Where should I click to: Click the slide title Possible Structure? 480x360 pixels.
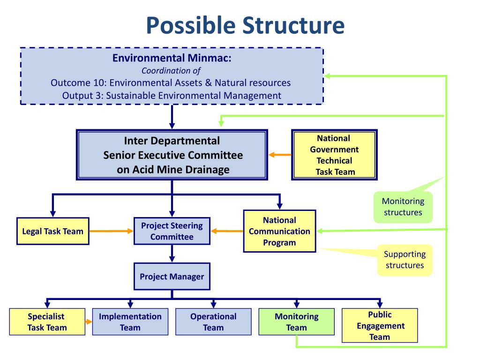[x=244, y=25]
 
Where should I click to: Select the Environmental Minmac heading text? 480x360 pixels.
[x=172, y=59]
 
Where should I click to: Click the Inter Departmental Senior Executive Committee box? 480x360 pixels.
[x=172, y=155]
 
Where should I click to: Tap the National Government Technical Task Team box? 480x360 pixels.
[x=335, y=155]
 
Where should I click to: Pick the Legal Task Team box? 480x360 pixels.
[x=53, y=231]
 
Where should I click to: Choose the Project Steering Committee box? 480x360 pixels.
[x=172, y=231]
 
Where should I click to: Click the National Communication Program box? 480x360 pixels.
[x=279, y=231]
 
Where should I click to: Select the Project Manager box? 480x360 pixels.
[x=172, y=277]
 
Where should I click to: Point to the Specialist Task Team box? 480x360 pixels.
[x=47, y=322]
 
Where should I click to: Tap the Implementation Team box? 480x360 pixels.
[x=130, y=322]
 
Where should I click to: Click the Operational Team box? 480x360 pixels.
[x=213, y=322]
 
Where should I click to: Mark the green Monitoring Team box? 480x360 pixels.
[x=296, y=322]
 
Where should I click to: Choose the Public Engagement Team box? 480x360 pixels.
[x=379, y=325]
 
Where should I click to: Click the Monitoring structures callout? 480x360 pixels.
[x=403, y=207]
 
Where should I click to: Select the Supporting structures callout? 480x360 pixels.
[x=405, y=260]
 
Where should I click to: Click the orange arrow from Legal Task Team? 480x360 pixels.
[x=111, y=231]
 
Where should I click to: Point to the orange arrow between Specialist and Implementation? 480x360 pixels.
[x=89, y=322]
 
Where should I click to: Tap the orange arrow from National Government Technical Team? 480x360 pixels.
[x=280, y=155]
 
